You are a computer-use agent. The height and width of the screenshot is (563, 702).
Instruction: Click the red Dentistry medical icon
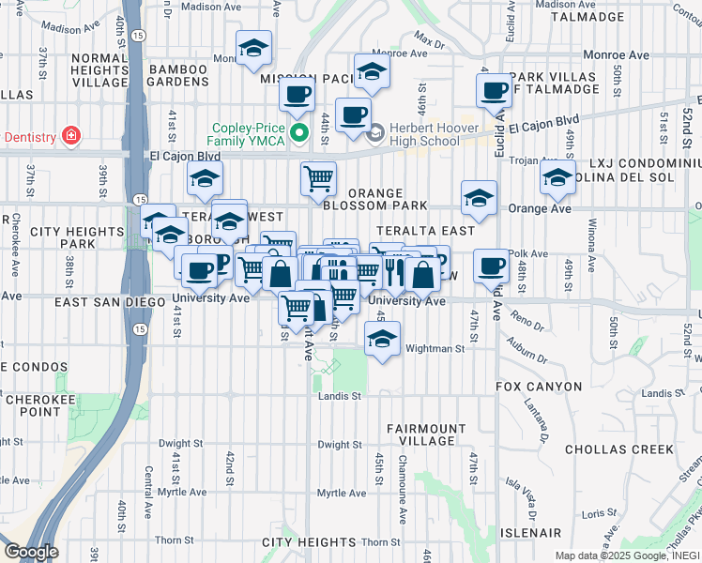click(x=70, y=136)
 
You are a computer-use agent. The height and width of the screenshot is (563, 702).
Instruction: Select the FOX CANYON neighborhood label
click(x=539, y=387)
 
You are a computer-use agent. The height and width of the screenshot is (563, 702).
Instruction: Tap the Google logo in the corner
click(x=30, y=551)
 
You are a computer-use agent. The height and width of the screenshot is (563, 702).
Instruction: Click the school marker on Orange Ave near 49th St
click(x=557, y=176)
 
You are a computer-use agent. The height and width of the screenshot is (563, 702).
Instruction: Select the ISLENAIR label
click(x=530, y=531)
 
